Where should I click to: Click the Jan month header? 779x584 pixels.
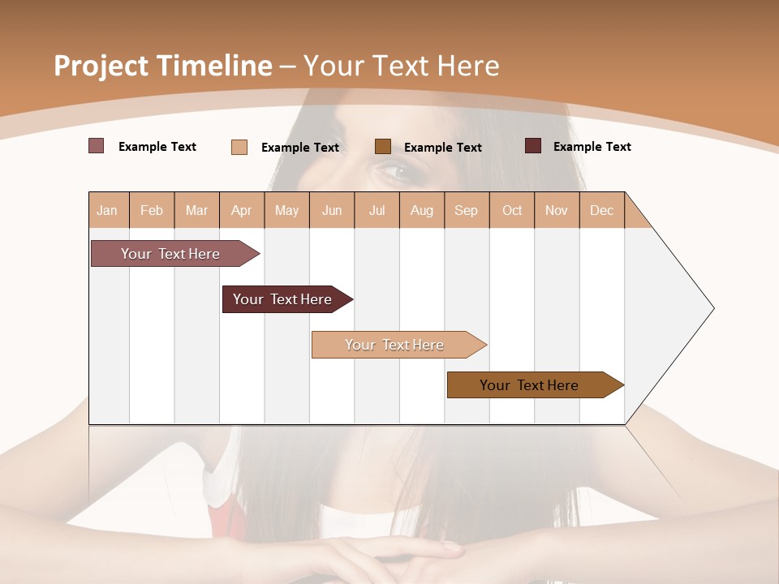click(x=108, y=210)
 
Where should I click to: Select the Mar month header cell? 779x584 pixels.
click(x=196, y=210)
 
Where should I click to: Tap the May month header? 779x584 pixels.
click(x=286, y=210)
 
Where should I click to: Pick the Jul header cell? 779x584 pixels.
click(x=377, y=210)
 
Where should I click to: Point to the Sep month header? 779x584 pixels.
click(x=466, y=210)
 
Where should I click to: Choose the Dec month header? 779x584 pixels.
click(x=601, y=210)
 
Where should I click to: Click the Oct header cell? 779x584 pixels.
click(x=511, y=210)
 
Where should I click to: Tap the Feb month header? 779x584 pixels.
click(x=152, y=210)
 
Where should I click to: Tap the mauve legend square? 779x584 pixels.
click(x=97, y=146)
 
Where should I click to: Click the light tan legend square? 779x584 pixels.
click(x=239, y=147)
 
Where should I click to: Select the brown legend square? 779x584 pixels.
click(x=383, y=147)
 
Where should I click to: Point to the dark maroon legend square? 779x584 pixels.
click(x=533, y=146)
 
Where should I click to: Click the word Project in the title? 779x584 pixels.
click(x=101, y=66)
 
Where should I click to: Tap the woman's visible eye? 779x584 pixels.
click(x=395, y=171)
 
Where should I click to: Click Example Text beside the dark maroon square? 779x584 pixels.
click(x=592, y=147)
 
